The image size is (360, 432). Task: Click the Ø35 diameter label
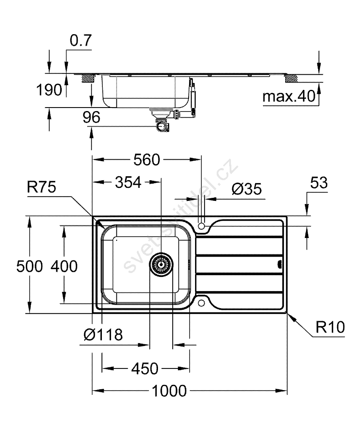tap(247, 189)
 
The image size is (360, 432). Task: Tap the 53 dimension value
tap(319, 183)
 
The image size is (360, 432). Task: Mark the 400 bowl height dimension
tap(64, 267)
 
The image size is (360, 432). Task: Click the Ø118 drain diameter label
tap(103, 334)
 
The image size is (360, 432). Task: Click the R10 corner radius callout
tap(330, 327)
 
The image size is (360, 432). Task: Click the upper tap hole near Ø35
tap(202, 226)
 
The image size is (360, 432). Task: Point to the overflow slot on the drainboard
tap(278, 264)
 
